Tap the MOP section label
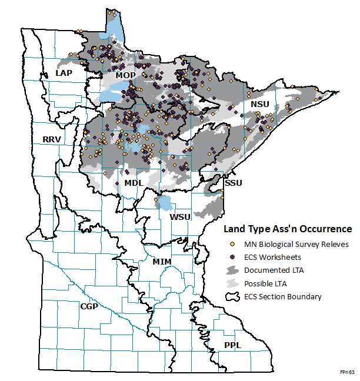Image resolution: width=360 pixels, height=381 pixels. click(x=125, y=76)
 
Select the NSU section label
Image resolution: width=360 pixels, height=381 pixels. click(x=259, y=104)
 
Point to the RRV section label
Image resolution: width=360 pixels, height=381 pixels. click(x=52, y=139)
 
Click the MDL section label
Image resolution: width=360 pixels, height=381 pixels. click(x=134, y=183)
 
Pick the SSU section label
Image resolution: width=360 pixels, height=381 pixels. click(x=233, y=183)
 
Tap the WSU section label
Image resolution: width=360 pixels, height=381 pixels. click(x=180, y=217)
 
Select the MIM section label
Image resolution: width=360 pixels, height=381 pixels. click(x=162, y=260)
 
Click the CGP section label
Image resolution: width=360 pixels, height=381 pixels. click(x=89, y=306)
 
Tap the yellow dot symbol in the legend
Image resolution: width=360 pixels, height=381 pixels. click(x=232, y=244)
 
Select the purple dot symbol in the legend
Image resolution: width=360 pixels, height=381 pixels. click(x=232, y=257)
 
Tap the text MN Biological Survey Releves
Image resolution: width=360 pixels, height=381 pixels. click(x=296, y=244)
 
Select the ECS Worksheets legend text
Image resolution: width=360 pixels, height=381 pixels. click(x=273, y=257)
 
